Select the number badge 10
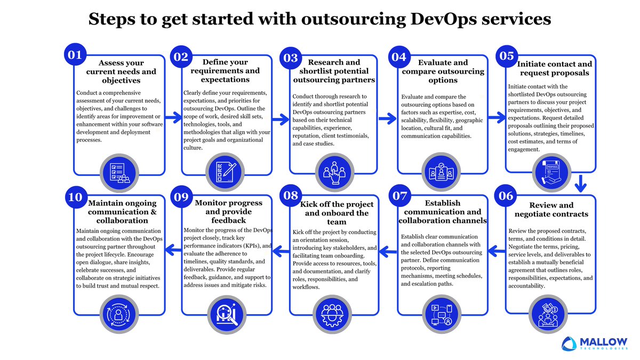(x=75, y=197)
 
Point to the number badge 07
(x=400, y=197)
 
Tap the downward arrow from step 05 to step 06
(x=581, y=185)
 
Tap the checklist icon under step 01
(x=119, y=172)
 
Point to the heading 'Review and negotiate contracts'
(x=551, y=210)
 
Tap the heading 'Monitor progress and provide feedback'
(x=228, y=211)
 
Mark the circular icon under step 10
(x=119, y=314)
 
